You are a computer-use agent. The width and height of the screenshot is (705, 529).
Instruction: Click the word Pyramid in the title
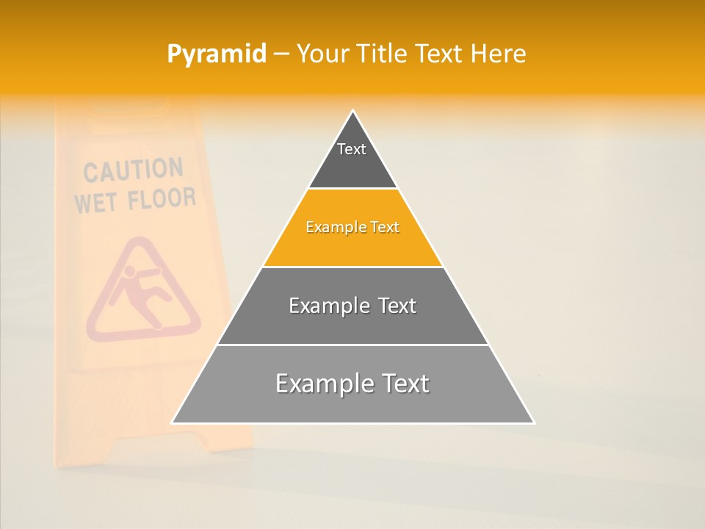(x=217, y=54)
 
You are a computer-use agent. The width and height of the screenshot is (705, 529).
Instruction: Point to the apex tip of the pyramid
(x=352, y=112)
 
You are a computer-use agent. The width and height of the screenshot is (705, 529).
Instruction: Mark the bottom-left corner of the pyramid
(x=173, y=422)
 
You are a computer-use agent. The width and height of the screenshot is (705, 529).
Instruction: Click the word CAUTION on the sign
(x=133, y=170)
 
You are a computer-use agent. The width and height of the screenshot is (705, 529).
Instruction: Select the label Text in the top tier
(x=352, y=149)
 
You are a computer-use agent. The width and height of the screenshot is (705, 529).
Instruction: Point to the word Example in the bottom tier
(x=317, y=384)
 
